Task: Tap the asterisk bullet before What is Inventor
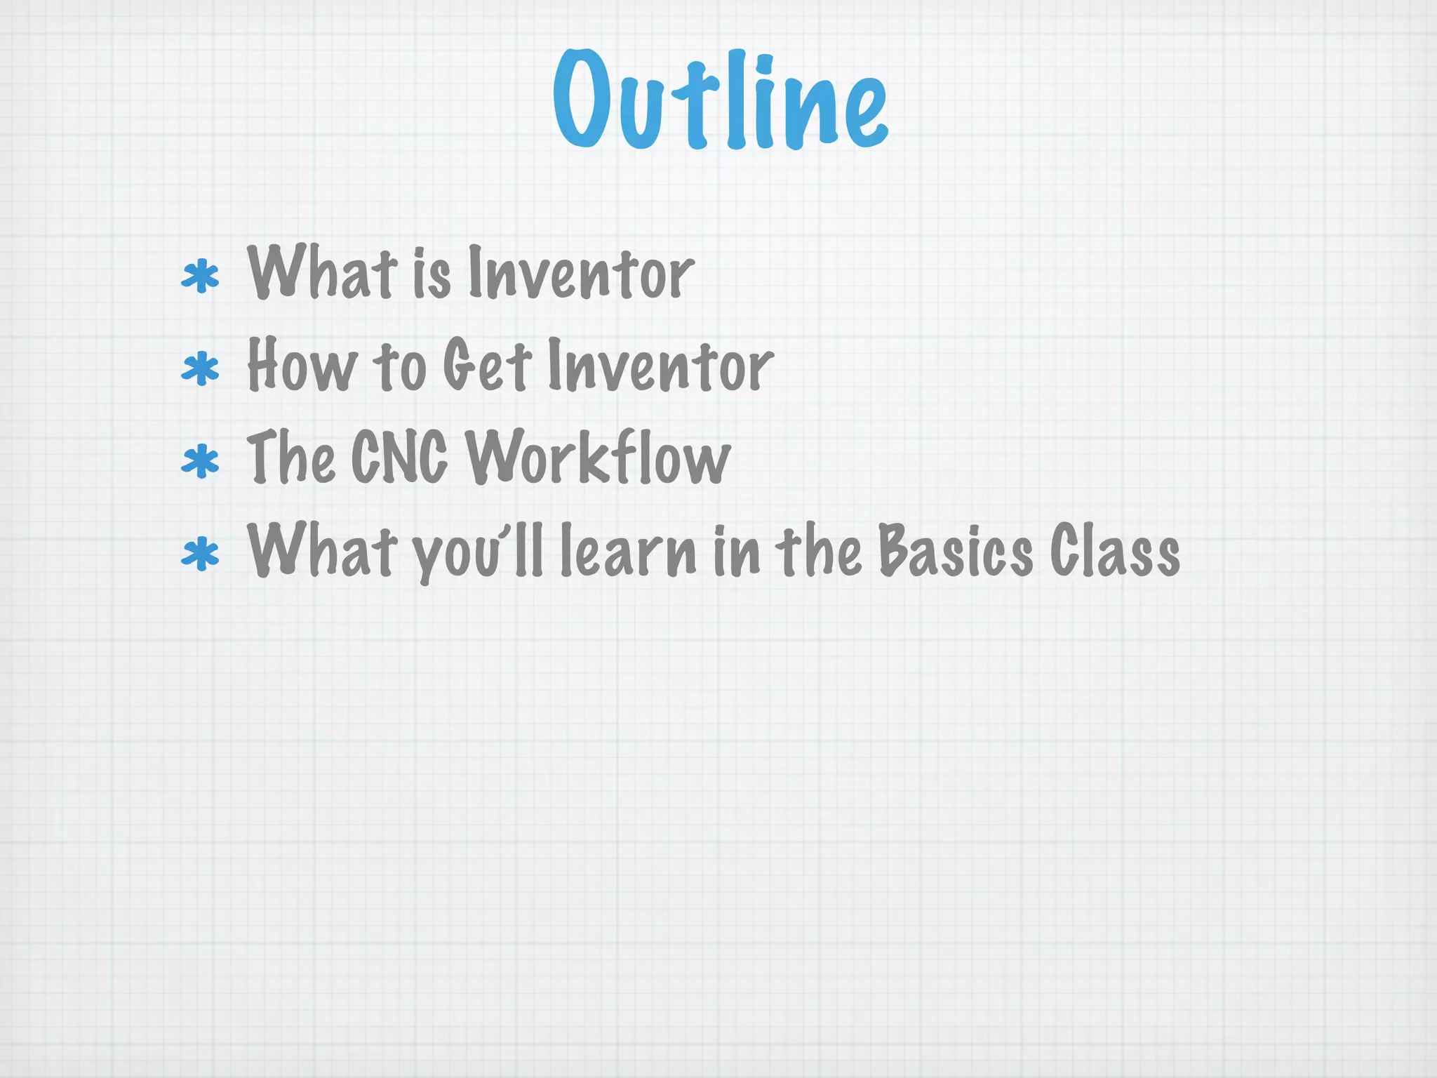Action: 200,277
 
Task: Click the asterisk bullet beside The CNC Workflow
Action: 200,462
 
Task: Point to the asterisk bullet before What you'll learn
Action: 200,554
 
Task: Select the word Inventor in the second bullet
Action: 660,366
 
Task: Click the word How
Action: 302,366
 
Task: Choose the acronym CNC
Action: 399,458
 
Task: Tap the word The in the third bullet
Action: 290,458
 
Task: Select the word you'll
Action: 479,553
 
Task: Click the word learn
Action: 629,552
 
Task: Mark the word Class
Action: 1115,552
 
